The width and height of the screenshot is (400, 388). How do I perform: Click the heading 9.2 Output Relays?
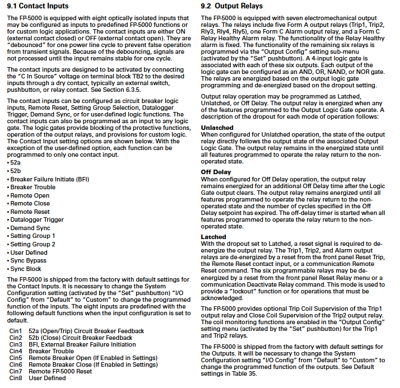(x=231, y=6)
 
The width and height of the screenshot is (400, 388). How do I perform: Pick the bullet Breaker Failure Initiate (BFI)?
(x=45, y=179)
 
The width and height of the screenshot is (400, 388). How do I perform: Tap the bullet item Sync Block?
(x=26, y=269)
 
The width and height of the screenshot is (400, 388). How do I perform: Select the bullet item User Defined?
(x=29, y=253)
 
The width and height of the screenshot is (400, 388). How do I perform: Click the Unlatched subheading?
(x=217, y=128)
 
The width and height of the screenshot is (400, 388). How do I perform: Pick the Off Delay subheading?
(x=216, y=171)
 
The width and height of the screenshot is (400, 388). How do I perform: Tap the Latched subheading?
(x=213, y=237)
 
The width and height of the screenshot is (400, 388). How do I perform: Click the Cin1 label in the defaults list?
(x=16, y=331)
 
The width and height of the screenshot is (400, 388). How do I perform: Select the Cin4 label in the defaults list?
(x=16, y=351)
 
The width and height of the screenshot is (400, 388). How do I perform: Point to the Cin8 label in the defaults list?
(x=16, y=378)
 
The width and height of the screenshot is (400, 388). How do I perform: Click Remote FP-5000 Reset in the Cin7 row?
(x=61, y=371)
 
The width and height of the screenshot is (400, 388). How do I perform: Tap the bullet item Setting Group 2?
(x=32, y=245)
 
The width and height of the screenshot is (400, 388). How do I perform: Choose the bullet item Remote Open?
(x=30, y=195)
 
